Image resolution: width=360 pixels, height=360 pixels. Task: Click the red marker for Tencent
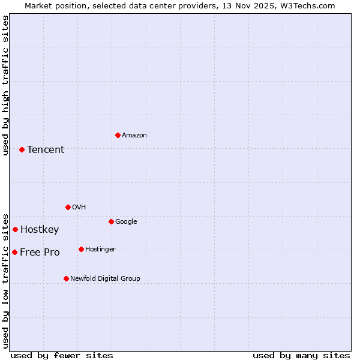pyautogui.click(x=22, y=149)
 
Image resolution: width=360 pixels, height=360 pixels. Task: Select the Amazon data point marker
pyautogui.click(x=118, y=135)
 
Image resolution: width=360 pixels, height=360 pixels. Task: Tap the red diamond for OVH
pyautogui.click(x=68, y=207)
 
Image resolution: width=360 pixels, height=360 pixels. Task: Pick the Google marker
pyautogui.click(x=111, y=221)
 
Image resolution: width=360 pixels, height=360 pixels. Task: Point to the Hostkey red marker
pyautogui.click(x=15, y=229)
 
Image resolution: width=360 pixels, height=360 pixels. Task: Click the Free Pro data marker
pyautogui.click(x=14, y=252)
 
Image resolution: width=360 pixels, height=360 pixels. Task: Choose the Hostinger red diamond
pyautogui.click(x=81, y=249)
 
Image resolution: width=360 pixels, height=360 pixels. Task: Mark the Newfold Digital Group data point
pyautogui.click(x=66, y=278)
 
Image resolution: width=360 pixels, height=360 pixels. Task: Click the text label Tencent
pyautogui.click(x=46, y=150)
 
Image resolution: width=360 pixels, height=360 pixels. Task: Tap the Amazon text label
pyautogui.click(x=134, y=136)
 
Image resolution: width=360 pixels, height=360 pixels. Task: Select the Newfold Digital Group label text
pyautogui.click(x=105, y=278)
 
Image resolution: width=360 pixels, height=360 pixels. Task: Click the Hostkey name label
pyautogui.click(x=40, y=230)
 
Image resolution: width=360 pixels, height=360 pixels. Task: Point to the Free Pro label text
pyautogui.click(x=40, y=253)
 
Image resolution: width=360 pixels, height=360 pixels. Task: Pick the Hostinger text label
pyautogui.click(x=100, y=249)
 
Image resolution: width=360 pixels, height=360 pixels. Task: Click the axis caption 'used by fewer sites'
pyautogui.click(x=62, y=355)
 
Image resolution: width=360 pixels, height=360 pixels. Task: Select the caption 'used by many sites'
pyautogui.click(x=301, y=355)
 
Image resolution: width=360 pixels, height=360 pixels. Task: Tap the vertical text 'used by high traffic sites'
pyautogui.click(x=5, y=85)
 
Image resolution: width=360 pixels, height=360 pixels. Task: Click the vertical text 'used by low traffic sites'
pyautogui.click(x=5, y=280)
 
